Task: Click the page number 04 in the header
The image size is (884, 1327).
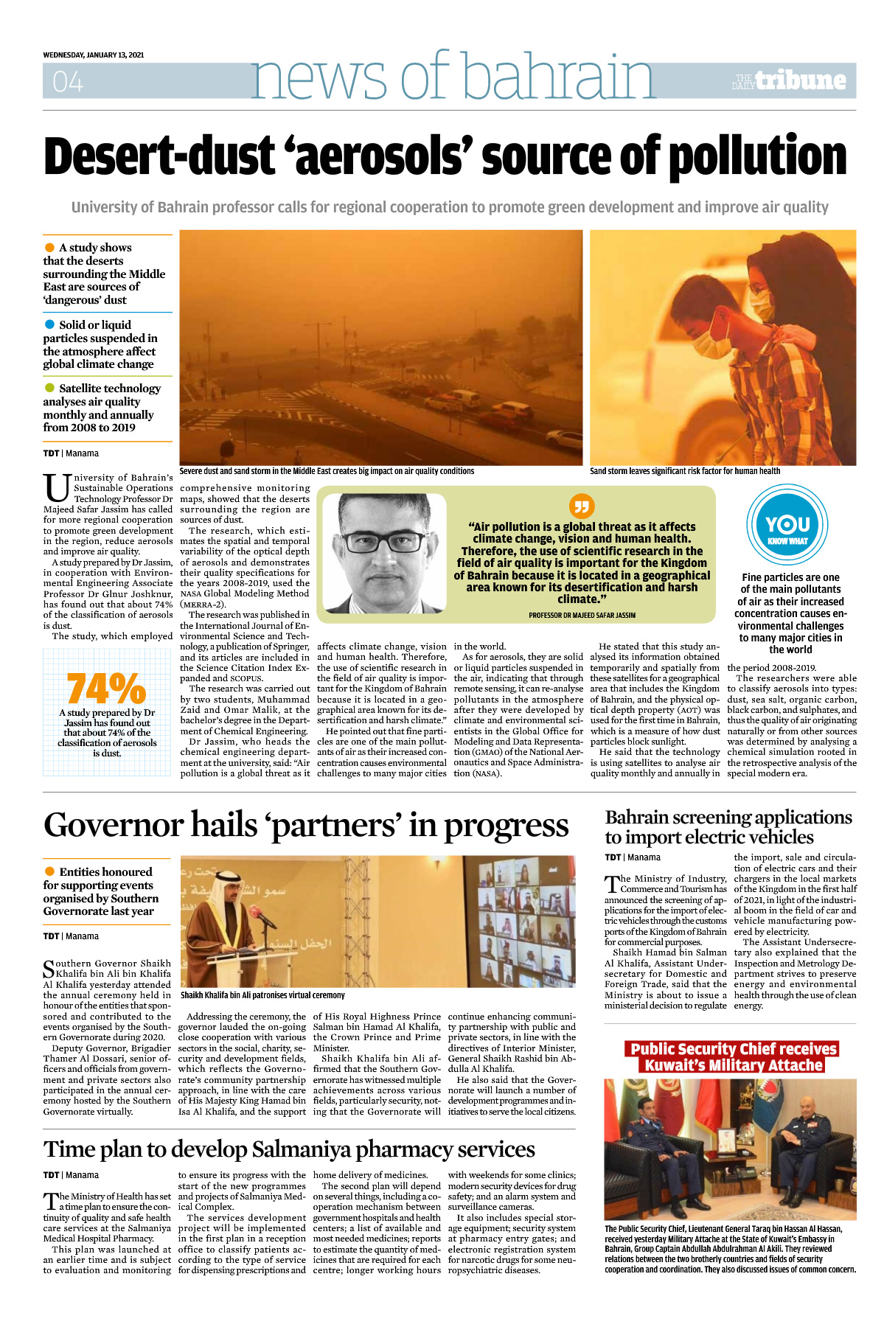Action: point(68,81)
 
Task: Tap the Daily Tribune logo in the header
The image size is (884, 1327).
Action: point(790,80)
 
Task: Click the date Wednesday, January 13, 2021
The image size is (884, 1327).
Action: point(94,55)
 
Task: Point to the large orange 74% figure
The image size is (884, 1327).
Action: point(106,689)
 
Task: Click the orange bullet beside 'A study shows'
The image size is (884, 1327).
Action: point(50,248)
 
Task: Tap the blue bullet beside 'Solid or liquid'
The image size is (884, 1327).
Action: point(50,324)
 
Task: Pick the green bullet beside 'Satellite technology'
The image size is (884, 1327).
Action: point(50,388)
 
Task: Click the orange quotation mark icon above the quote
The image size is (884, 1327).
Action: point(582,506)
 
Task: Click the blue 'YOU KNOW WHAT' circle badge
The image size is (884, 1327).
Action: point(787,525)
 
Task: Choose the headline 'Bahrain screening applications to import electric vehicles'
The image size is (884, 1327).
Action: point(728,827)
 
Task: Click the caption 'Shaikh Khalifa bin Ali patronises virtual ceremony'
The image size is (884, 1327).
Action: point(262,995)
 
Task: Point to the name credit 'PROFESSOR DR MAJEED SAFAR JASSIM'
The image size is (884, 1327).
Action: point(582,615)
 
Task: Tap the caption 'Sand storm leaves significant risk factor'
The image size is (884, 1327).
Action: point(685,471)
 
